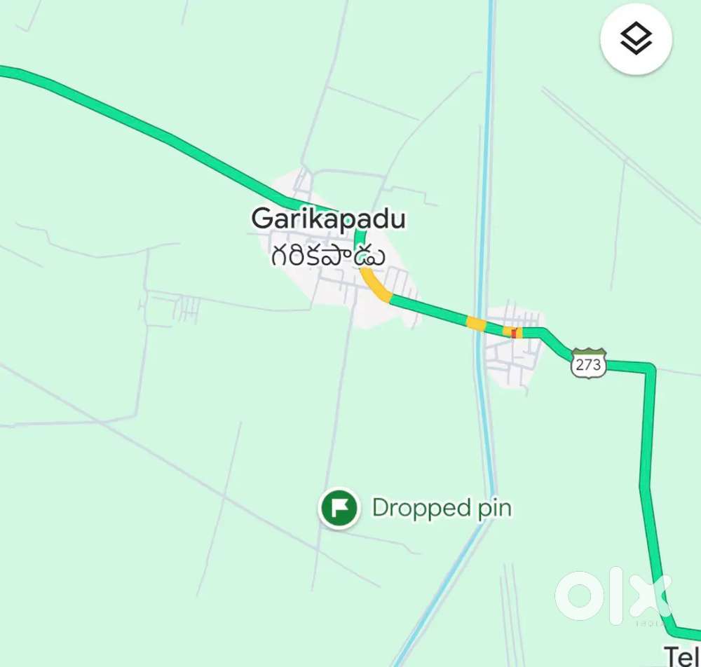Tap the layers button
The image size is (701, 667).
coord(636,39)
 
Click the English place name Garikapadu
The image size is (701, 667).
coord(328,219)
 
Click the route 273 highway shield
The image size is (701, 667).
coord(588,364)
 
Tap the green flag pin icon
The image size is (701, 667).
coord(339,507)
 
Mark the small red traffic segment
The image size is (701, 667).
coord(515,333)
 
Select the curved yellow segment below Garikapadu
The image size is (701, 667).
coord(376,286)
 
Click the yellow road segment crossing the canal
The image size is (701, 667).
coord(477,323)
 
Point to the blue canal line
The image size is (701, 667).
coord(484,210)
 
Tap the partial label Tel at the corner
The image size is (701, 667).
coord(681,656)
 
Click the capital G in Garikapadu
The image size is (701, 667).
coord(261,219)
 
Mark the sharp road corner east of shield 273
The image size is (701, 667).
coord(651,367)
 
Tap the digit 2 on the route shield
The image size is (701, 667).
coord(580,364)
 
